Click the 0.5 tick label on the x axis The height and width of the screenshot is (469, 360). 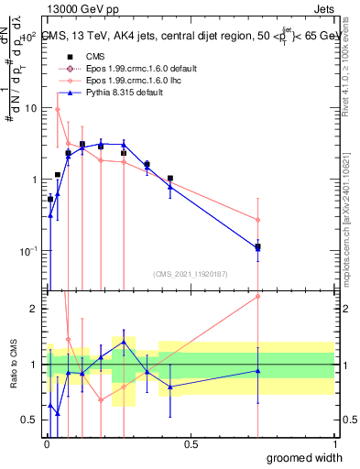[191, 444]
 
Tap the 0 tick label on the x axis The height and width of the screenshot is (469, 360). [48, 444]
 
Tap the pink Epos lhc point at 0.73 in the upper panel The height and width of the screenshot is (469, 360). [258, 220]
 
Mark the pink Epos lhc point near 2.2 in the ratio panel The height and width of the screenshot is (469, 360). [258, 296]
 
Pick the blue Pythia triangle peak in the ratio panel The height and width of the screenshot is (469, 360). [124, 342]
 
